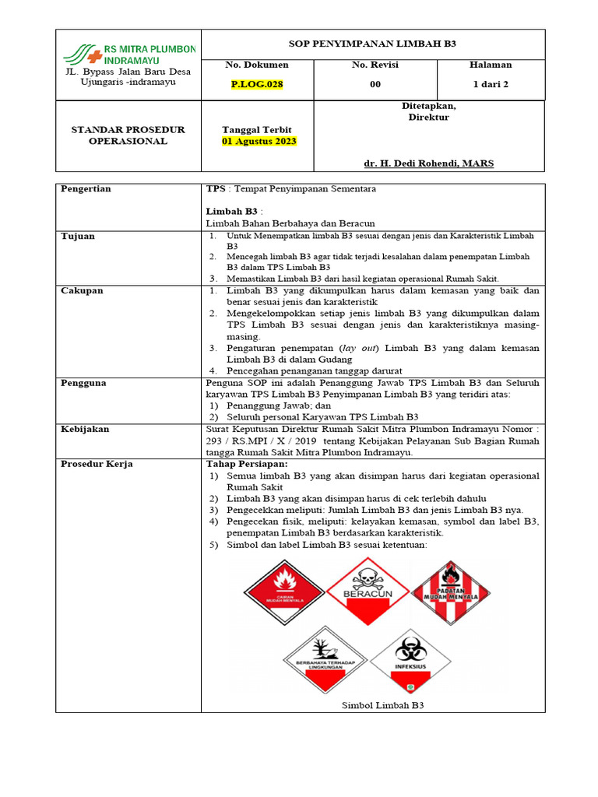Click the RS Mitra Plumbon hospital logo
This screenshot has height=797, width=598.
(x=128, y=54)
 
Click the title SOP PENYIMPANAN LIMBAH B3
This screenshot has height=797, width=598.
(x=373, y=44)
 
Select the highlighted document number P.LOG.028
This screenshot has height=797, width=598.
(x=256, y=85)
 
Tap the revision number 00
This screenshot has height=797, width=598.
(x=375, y=85)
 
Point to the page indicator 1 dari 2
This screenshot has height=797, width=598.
(x=490, y=85)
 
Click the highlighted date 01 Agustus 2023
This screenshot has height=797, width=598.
(x=259, y=141)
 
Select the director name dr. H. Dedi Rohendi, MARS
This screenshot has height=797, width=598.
(x=428, y=163)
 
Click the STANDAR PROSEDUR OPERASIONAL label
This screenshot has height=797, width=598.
(x=128, y=135)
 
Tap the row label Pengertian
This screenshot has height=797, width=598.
(x=86, y=189)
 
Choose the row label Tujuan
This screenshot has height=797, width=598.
(x=78, y=236)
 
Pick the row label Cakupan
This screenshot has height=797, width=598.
(x=82, y=290)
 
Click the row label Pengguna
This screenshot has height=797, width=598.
(x=83, y=383)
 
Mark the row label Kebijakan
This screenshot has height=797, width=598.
(x=85, y=429)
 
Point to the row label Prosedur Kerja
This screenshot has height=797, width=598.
(x=97, y=464)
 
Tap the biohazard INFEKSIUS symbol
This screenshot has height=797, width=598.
(x=410, y=661)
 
